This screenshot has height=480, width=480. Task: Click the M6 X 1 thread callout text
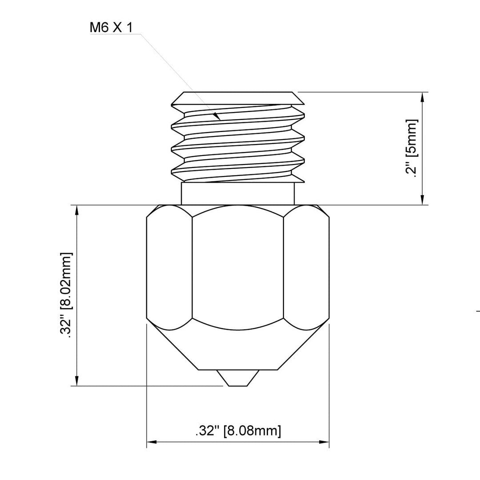tap(111, 28)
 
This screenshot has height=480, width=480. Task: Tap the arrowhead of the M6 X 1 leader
tap(217, 116)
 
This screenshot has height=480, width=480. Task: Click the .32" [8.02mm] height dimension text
tap(66, 296)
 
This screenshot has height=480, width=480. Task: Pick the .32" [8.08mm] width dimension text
tap(238, 431)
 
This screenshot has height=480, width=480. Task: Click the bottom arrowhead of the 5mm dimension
tap(423, 199)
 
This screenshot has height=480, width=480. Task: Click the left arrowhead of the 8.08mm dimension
tap(152, 442)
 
